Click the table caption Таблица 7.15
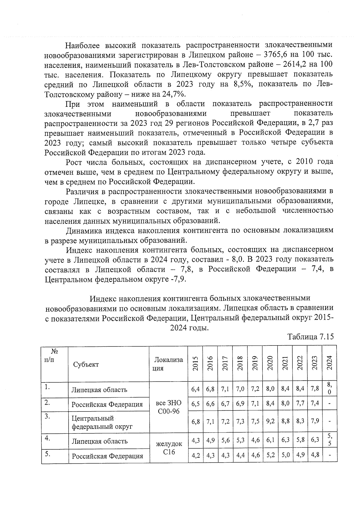click(310, 337)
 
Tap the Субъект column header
click(86, 364)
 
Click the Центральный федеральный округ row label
click(102, 422)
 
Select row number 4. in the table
click(47, 438)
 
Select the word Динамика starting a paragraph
click(85, 231)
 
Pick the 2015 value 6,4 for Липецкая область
click(195, 389)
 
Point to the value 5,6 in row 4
click(225, 441)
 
